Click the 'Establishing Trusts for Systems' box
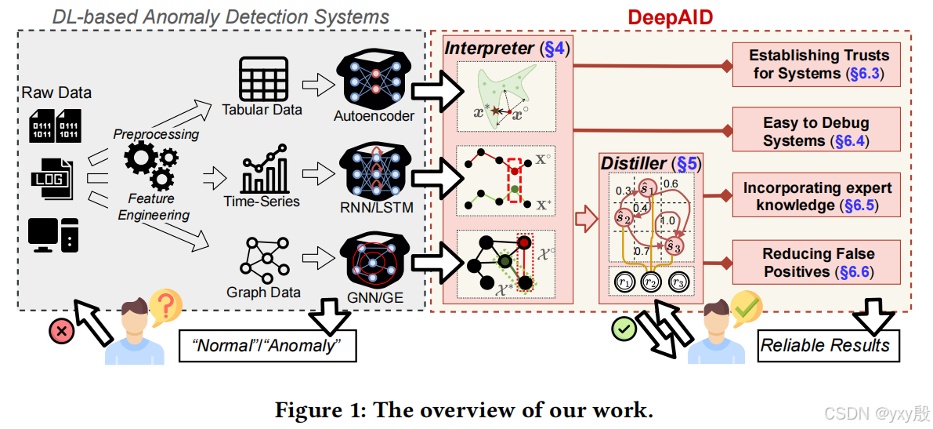coord(819,64)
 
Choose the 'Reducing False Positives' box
coord(818,262)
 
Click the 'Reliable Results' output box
coord(826,345)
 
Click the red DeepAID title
coord(671,16)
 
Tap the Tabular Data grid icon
coord(262,78)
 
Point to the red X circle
coord(60,330)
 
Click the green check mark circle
coord(623,329)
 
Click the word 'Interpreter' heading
coord(490,49)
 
